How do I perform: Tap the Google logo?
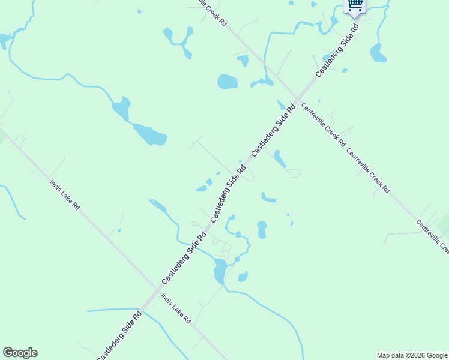point(20,353)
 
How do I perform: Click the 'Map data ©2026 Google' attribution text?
point(412,355)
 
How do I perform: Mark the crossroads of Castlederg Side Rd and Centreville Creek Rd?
point(297,98)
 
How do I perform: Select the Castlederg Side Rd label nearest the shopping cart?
point(338,49)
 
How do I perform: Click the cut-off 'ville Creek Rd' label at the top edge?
point(214,11)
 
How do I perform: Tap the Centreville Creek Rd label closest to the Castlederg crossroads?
point(323,125)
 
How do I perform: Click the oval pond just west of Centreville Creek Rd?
point(228,82)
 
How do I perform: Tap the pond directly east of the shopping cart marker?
point(378,53)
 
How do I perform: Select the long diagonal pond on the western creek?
point(149,134)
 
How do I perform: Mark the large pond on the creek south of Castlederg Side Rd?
point(220,271)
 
